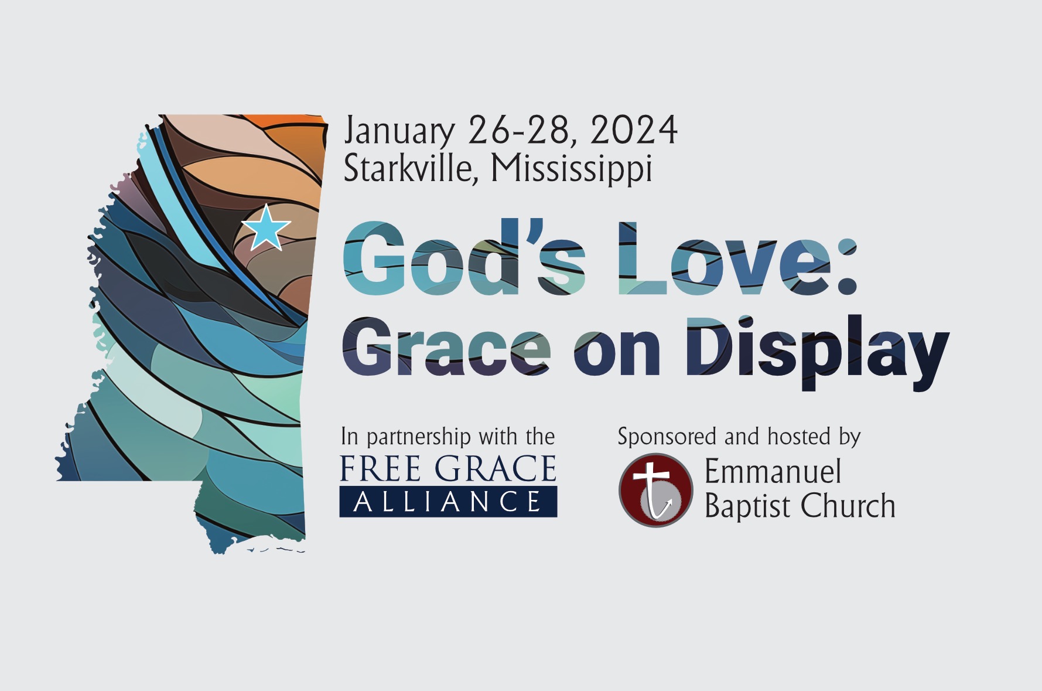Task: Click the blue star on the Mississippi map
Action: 266,228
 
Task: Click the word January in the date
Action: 399,131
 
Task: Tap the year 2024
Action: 634,130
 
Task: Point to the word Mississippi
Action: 572,169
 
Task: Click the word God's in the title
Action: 464,257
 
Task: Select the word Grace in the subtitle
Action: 446,346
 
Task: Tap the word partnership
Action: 419,437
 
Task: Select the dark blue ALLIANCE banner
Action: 448,502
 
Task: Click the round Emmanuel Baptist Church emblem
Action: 656,490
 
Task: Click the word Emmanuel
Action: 773,471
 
